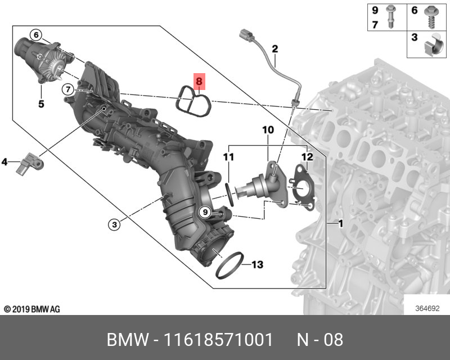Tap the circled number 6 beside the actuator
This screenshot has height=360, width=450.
coord(35,35)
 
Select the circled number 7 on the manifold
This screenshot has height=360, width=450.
coord(67,89)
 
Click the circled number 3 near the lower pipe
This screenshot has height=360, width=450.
coord(114,224)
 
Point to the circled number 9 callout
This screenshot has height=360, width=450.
coord(205,212)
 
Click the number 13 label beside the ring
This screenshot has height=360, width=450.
coord(256,264)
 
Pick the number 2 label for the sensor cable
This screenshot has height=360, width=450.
coord(275,49)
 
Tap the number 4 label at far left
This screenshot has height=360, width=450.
coord(4,163)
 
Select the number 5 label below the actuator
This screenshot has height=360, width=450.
coord(40,103)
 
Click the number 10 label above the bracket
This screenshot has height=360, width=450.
coord(267,130)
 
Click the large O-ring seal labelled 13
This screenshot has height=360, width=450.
coord(231,265)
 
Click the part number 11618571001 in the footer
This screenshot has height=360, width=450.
coord(218,340)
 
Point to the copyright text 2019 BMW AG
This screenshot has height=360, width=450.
coord(31,309)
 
